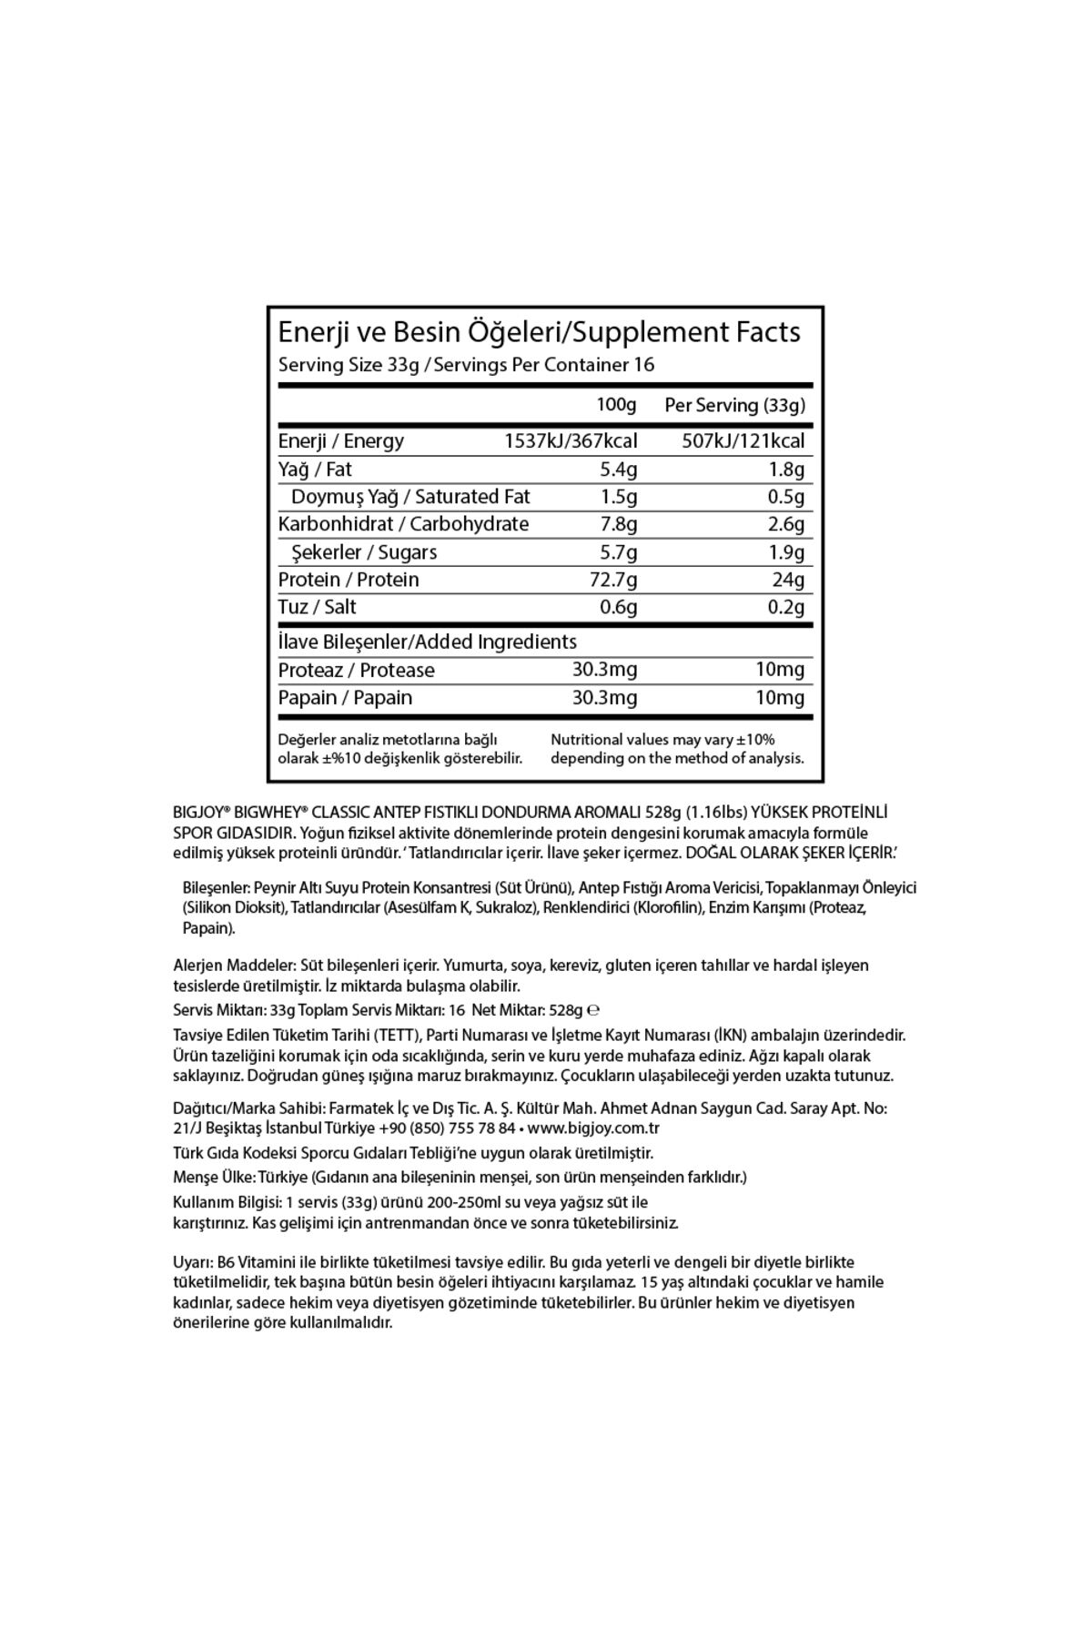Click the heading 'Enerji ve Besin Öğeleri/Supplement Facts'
[539, 332]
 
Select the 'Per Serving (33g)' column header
[734, 405]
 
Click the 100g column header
[616, 404]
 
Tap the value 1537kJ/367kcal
[571, 441]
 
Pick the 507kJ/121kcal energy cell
[743, 441]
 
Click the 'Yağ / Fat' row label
[315, 470]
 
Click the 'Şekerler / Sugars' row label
[364, 552]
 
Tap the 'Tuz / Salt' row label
[317, 607]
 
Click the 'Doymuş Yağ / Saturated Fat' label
[410, 497]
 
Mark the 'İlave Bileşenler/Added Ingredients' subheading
[427, 642]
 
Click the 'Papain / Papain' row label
[345, 698]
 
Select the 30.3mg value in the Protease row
[604, 670]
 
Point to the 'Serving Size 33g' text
[349, 365]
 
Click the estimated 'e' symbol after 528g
[593, 1010]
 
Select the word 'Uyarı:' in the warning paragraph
[193, 1262]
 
